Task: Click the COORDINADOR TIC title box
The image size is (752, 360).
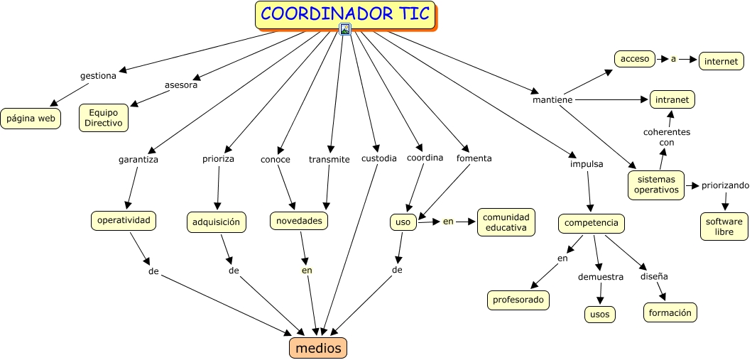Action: [345, 15]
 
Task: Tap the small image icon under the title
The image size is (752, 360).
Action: [345, 29]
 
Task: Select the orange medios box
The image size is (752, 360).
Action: [318, 348]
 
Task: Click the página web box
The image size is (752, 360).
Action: [31, 119]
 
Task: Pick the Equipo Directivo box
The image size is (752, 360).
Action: [104, 117]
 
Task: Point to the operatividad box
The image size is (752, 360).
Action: [124, 221]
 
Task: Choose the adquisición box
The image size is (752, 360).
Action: [217, 222]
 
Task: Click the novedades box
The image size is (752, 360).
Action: [299, 221]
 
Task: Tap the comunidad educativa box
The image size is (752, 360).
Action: [506, 222]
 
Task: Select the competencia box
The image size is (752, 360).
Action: [592, 224]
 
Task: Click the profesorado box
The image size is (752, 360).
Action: [518, 300]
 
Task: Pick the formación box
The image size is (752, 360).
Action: [670, 312]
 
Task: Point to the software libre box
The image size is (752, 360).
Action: [724, 227]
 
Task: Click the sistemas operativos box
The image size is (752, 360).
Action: [656, 185]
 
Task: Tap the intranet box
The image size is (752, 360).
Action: [672, 99]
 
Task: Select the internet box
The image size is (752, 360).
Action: [721, 62]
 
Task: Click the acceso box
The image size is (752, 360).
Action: [635, 59]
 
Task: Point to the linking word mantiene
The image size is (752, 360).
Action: [552, 100]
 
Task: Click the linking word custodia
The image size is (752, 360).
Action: [378, 158]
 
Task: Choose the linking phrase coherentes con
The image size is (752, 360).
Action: [666, 137]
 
